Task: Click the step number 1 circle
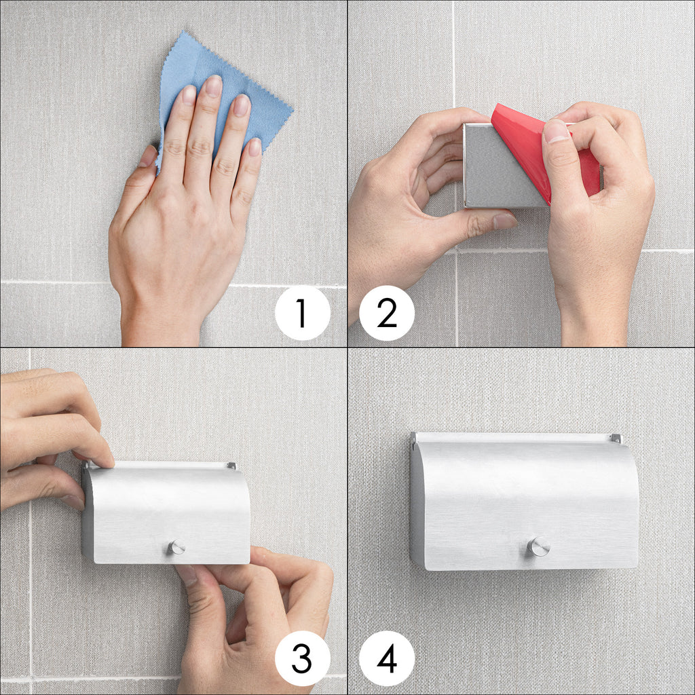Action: click(x=302, y=313)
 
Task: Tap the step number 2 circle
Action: click(x=386, y=313)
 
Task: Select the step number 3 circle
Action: click(x=302, y=658)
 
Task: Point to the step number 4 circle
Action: click(x=386, y=658)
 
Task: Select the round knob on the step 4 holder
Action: click(x=538, y=546)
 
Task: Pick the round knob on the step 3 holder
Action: click(x=176, y=548)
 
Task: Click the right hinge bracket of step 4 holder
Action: click(x=616, y=439)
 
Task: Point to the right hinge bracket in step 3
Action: click(x=231, y=466)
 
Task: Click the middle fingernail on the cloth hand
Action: click(x=213, y=86)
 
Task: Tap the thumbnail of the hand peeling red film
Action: click(x=556, y=131)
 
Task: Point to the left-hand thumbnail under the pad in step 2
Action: click(x=504, y=221)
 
